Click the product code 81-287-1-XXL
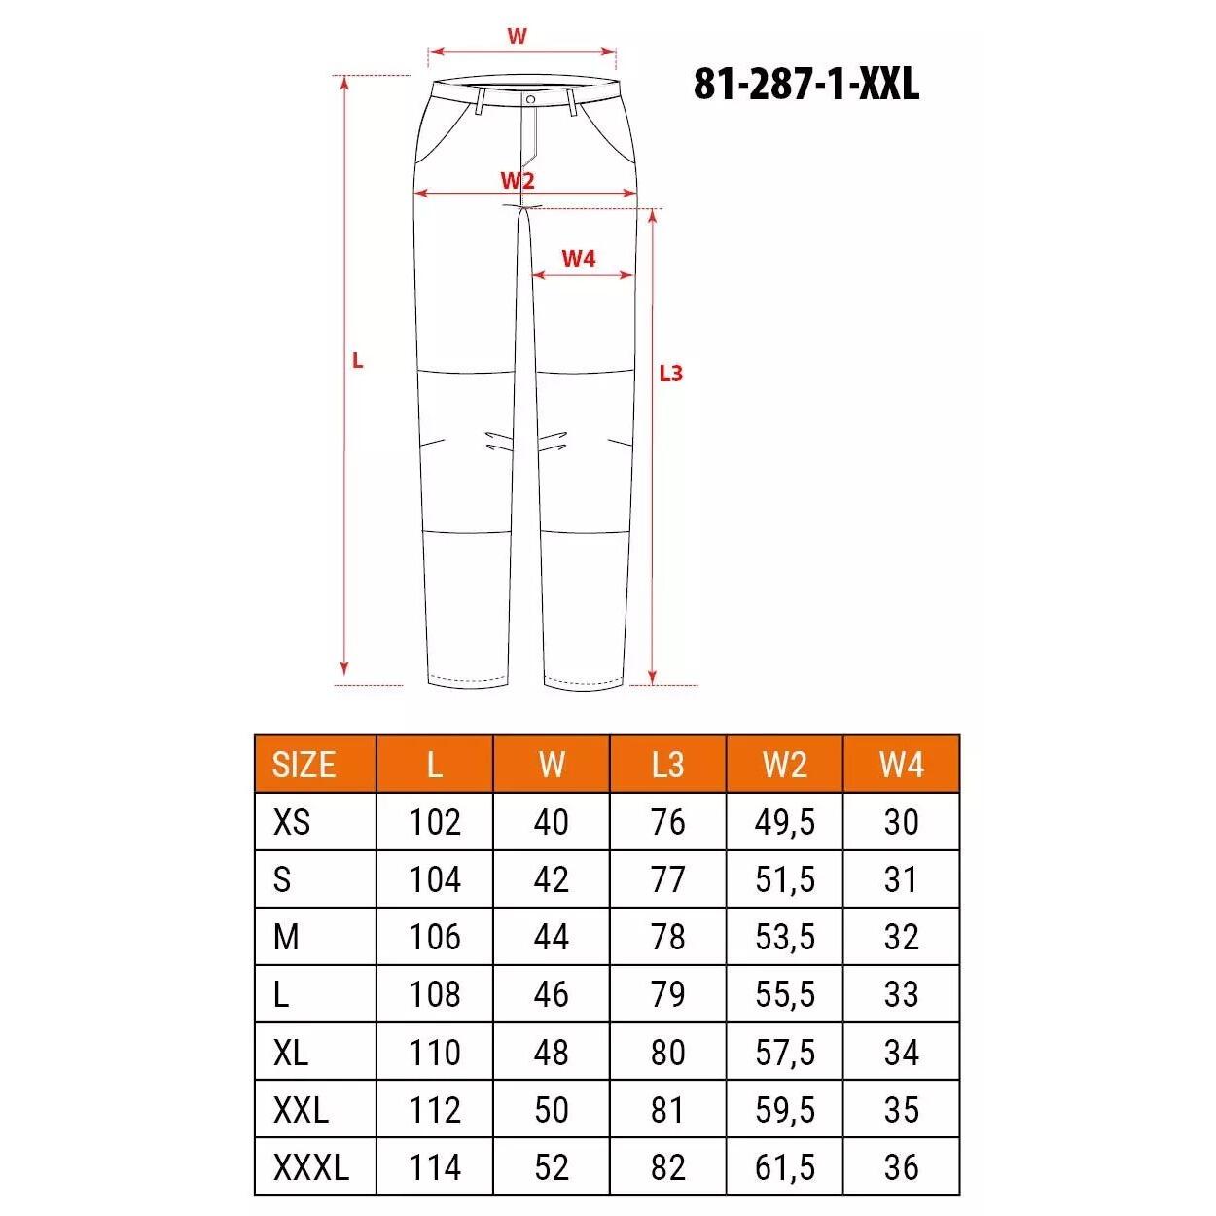(x=805, y=85)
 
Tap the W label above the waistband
(x=517, y=37)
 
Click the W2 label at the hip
(x=518, y=180)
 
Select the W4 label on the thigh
(x=578, y=258)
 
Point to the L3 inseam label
(x=671, y=373)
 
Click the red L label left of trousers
(x=357, y=361)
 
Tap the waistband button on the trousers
(x=530, y=99)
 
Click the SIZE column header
(x=304, y=765)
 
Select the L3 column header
(x=667, y=765)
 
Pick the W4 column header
(x=901, y=765)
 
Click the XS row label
(x=292, y=823)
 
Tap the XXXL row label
(x=310, y=1167)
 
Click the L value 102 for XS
(x=434, y=823)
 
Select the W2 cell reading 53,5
(x=784, y=938)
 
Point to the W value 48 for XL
(x=551, y=1053)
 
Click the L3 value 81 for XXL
(x=667, y=1110)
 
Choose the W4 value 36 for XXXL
(x=901, y=1167)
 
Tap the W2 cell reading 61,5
(x=784, y=1167)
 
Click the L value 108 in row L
(x=434, y=995)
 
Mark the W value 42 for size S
(x=551, y=880)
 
